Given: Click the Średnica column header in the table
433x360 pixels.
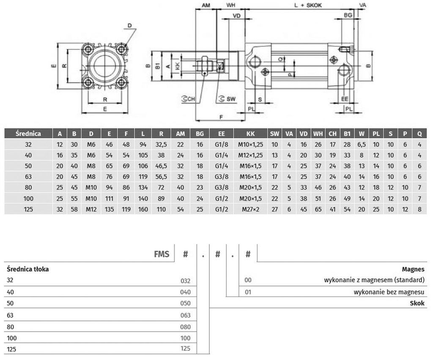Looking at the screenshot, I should click(x=28, y=134).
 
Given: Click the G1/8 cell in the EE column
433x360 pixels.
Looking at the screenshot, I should click(x=221, y=145).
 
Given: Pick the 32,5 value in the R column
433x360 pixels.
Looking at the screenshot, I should click(x=161, y=145).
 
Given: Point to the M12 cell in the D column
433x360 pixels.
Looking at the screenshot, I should click(x=91, y=209).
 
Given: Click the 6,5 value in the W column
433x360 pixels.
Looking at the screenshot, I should click(x=361, y=145).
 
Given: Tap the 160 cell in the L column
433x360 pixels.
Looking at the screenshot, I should click(x=143, y=209).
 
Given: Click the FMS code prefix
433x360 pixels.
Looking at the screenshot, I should click(x=162, y=254).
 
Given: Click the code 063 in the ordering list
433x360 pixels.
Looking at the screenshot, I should click(x=185, y=315).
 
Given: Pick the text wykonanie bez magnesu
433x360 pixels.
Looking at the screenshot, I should click(x=389, y=292).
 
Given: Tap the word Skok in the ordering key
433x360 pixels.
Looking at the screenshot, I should click(x=417, y=303).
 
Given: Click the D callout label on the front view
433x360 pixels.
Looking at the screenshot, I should click(x=130, y=25).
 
